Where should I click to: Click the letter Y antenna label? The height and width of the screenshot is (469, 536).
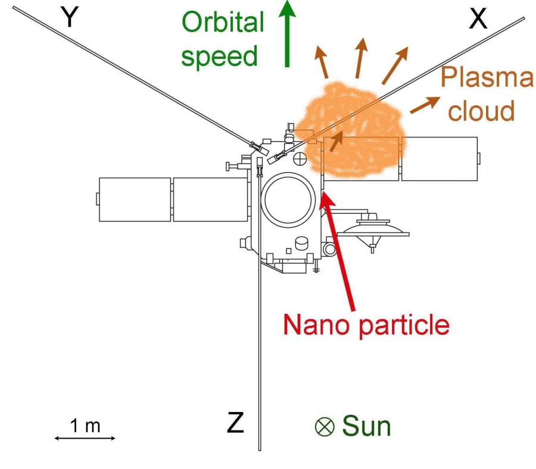coord(71,17)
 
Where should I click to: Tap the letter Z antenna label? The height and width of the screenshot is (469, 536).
coord(235,423)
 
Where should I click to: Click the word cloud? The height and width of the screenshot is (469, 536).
coord(481,111)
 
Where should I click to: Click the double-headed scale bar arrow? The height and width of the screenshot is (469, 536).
coord(85,439)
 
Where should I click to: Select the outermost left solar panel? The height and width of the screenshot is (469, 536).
coord(135,199)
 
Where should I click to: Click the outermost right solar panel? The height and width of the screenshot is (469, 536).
coord(440,158)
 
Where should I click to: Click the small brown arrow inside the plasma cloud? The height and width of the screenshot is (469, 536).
coord(337,139)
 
